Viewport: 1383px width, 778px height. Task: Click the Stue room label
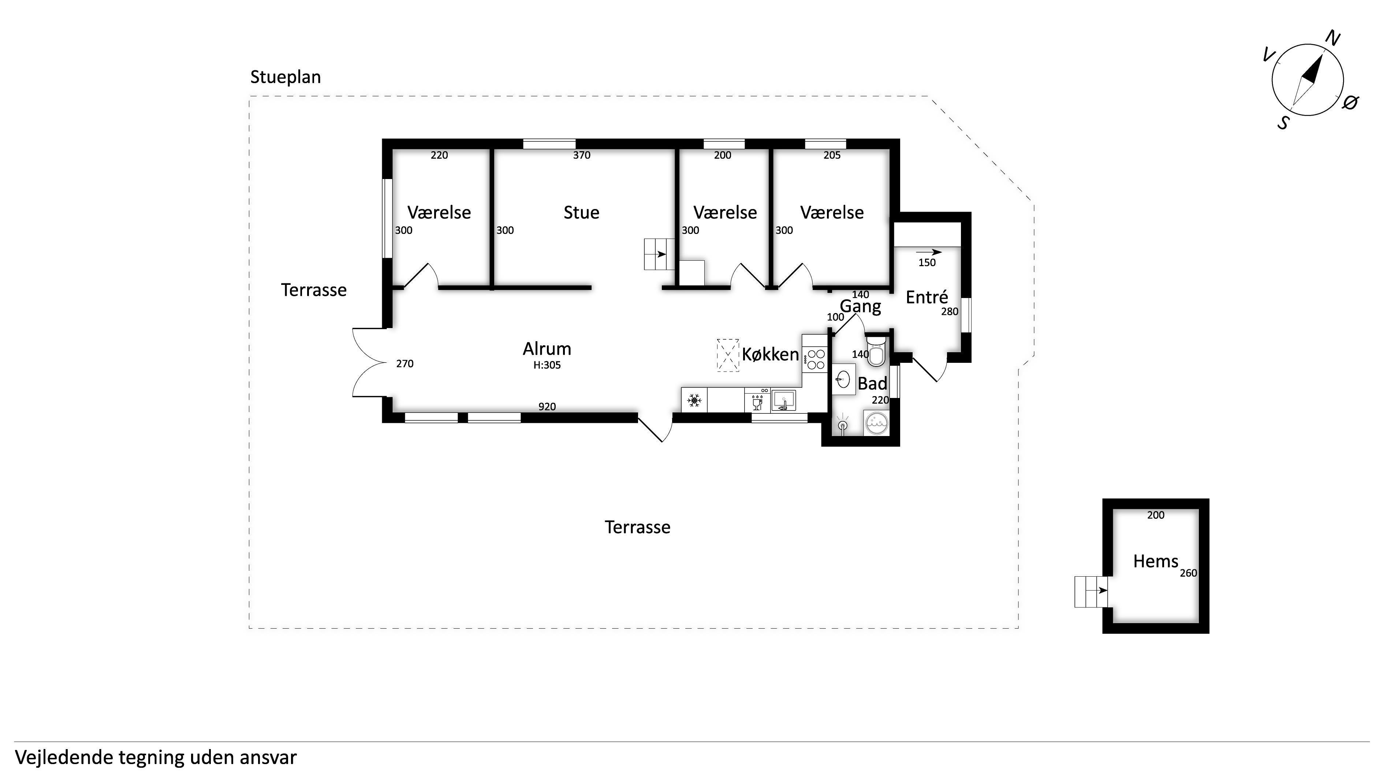point(581,213)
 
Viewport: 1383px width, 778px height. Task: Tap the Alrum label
point(547,349)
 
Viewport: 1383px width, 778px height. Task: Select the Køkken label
point(771,354)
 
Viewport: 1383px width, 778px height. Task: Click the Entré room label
point(927,297)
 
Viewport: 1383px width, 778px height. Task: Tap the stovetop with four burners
point(816,359)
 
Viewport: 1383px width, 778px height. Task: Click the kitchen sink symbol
point(783,401)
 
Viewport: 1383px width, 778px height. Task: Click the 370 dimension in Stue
point(581,155)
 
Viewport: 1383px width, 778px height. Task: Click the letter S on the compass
point(1283,123)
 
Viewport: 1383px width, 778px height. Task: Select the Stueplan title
point(286,77)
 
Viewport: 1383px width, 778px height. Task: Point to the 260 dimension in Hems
point(1189,573)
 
